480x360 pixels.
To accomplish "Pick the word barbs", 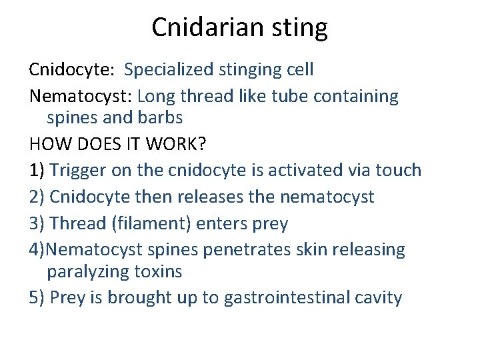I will (x=159, y=118).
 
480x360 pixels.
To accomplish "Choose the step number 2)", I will (x=37, y=197).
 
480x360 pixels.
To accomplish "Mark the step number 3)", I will (x=37, y=224).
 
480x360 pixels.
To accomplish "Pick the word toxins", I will (x=158, y=271).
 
